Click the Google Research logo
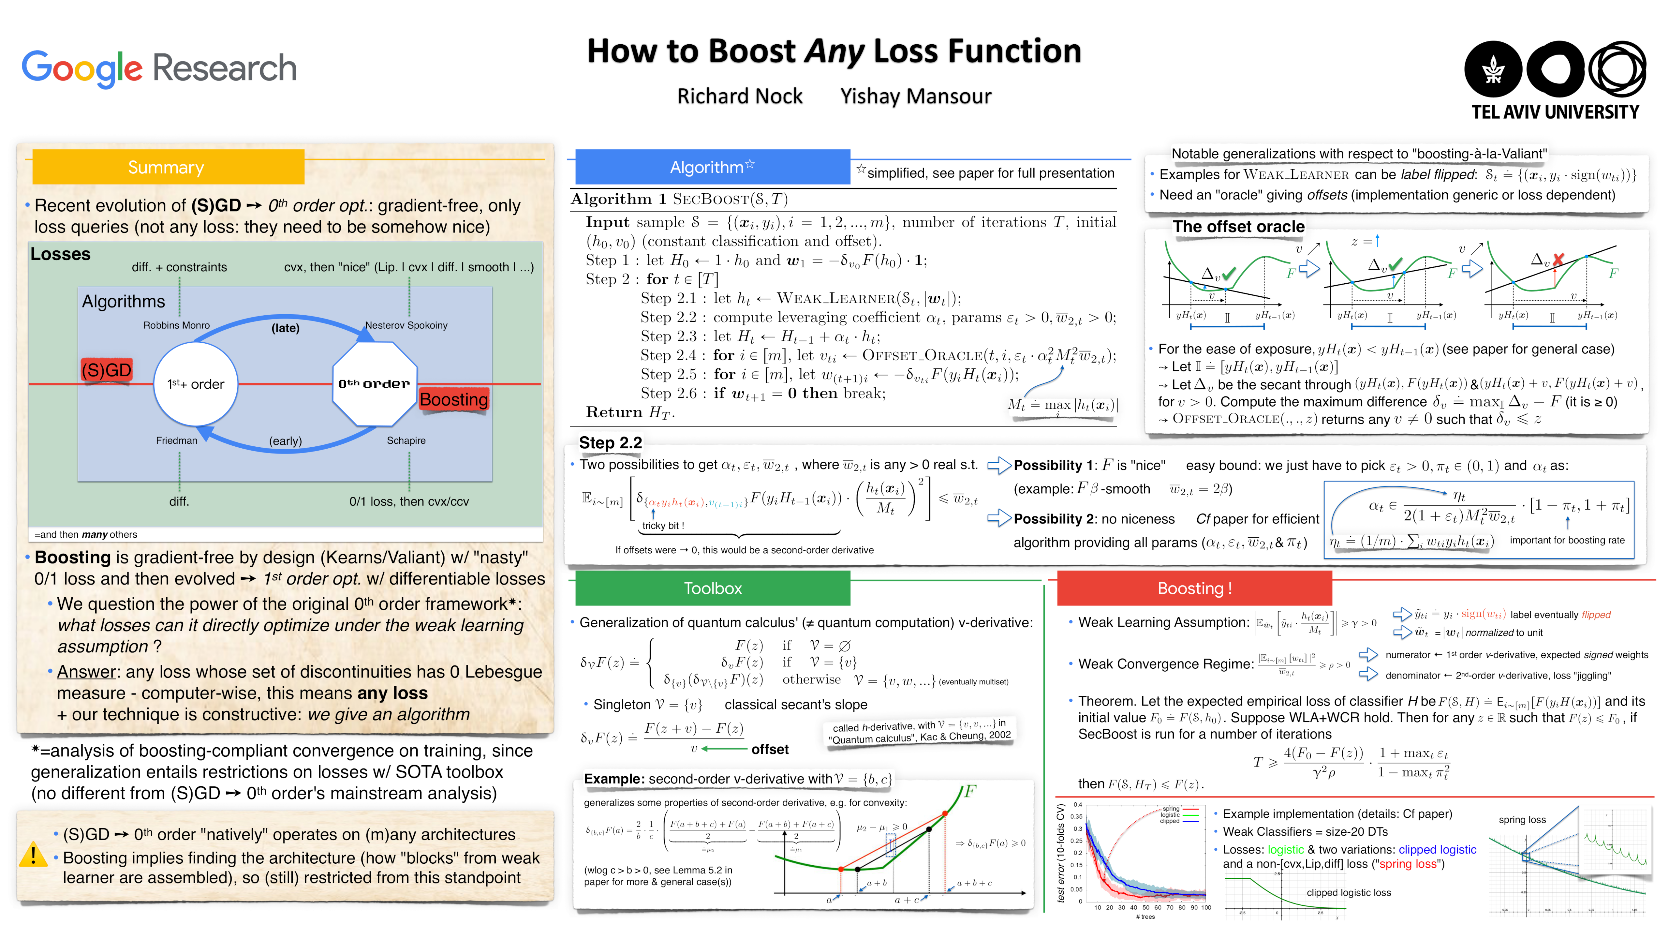(x=159, y=68)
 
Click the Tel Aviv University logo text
(x=1555, y=112)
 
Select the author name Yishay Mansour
(x=915, y=97)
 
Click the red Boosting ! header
(x=1194, y=589)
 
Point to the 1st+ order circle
(x=196, y=384)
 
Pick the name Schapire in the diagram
(x=406, y=441)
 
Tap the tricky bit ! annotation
(x=663, y=526)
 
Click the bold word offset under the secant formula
(x=770, y=750)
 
